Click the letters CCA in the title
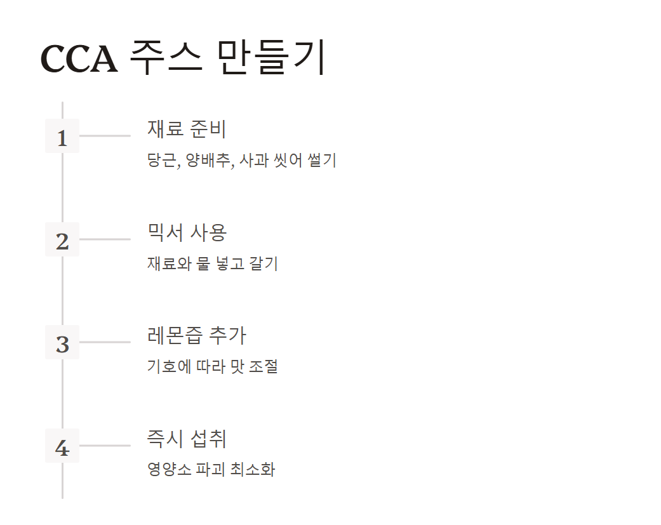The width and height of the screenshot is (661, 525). tap(79, 59)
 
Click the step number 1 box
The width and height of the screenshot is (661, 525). tap(62, 136)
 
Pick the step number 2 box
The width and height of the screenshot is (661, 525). tap(62, 240)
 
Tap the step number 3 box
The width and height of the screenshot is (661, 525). tap(62, 343)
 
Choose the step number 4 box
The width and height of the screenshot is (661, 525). tap(62, 446)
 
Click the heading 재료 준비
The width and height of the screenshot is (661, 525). tap(187, 129)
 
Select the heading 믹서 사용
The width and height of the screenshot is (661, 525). tap(187, 232)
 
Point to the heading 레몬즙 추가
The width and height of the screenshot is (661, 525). tap(196, 335)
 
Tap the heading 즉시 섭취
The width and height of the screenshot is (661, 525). tap(187, 439)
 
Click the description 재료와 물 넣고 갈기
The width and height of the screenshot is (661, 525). tap(212, 263)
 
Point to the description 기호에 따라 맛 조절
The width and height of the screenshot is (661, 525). tap(212, 366)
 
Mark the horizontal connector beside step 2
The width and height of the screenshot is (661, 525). tap(105, 239)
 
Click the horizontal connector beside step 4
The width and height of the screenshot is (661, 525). tap(105, 446)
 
